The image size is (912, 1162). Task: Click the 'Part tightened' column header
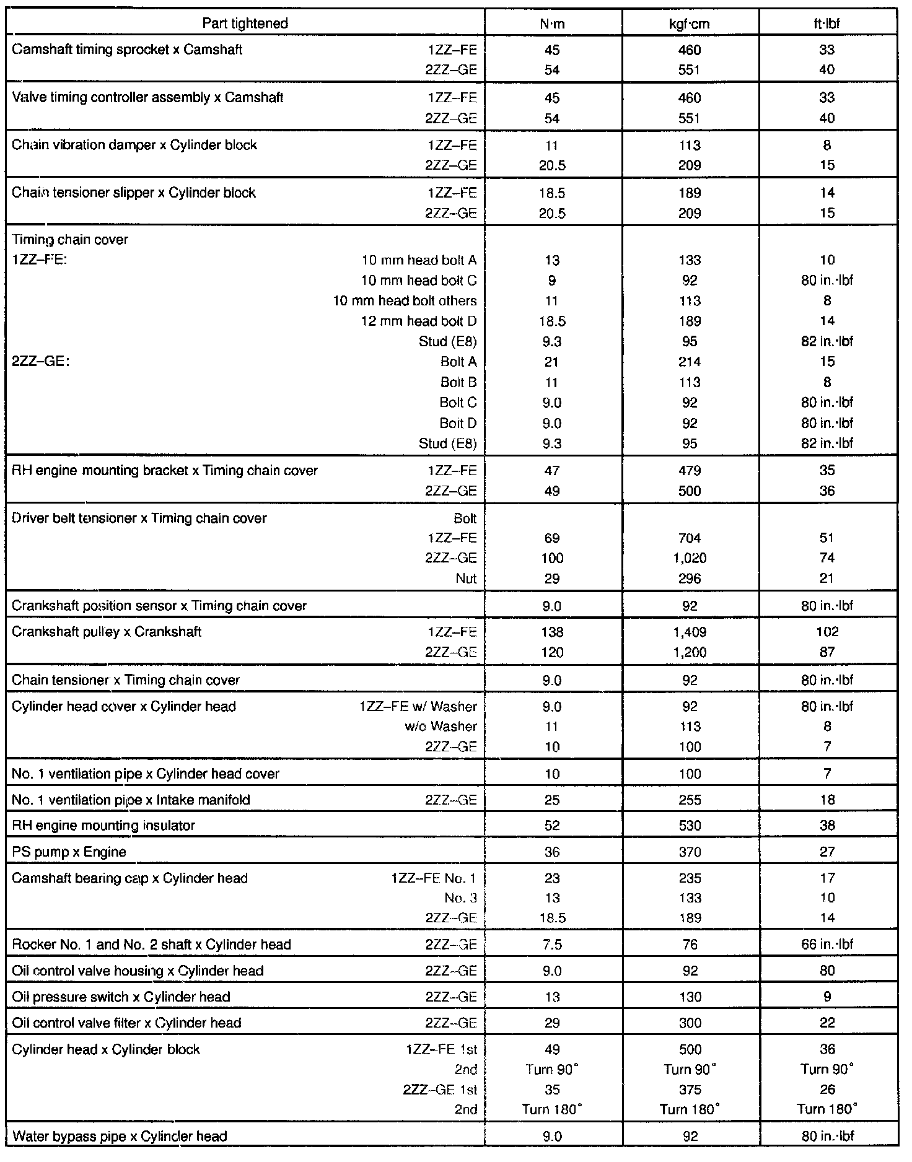245,24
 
